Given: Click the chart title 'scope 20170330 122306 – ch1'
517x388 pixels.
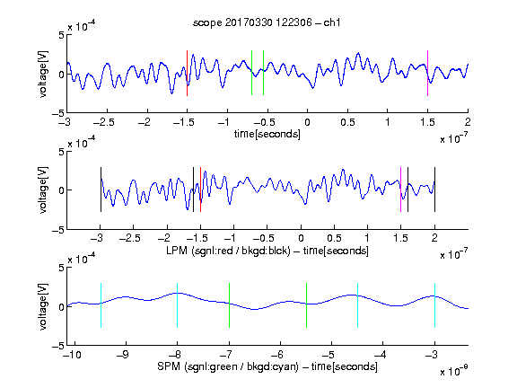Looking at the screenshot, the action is click(x=267, y=22).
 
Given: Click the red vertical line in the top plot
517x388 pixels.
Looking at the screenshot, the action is click(x=187, y=74).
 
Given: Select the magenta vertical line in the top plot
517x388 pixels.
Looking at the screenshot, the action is click(x=427, y=74).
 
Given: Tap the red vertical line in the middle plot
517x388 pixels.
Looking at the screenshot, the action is click(x=200, y=190).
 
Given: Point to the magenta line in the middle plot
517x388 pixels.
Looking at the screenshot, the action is click(x=400, y=190).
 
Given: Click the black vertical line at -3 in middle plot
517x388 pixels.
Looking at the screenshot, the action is click(x=101, y=190).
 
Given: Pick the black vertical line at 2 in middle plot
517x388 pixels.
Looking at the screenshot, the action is click(x=434, y=190).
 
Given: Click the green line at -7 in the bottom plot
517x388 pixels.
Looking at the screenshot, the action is click(x=229, y=305).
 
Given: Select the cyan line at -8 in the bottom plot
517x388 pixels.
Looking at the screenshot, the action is click(x=178, y=305).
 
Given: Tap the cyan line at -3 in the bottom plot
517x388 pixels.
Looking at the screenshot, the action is click(x=435, y=305).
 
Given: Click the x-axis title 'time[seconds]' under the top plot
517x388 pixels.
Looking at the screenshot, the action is click(x=267, y=134).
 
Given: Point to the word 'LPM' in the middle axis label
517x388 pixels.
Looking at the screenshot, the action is click(x=177, y=251).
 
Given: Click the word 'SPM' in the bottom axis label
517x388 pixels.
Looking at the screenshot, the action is click(x=169, y=366).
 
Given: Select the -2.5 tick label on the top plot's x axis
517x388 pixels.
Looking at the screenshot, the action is click(x=104, y=122).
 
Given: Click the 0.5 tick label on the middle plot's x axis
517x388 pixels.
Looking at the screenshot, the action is click(x=334, y=238).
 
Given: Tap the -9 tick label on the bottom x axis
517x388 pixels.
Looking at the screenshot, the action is click(x=123, y=355).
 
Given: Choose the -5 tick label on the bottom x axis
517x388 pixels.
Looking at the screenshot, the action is click(x=329, y=355).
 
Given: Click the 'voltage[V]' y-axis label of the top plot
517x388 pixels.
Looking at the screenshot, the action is click(x=43, y=74).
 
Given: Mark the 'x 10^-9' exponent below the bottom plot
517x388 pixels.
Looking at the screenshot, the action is click(x=453, y=371).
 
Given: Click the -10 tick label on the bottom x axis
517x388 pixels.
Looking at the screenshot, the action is click(x=72, y=355).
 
